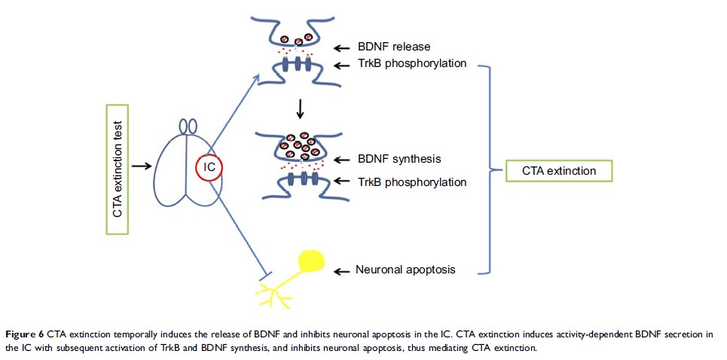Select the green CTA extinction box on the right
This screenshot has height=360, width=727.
click(558, 171)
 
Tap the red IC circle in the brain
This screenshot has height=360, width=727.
click(209, 166)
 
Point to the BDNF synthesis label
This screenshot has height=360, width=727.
click(398, 160)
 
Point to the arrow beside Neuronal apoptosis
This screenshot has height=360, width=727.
click(342, 269)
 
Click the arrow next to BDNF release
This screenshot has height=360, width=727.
click(342, 47)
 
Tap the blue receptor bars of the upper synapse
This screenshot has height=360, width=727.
click(298, 64)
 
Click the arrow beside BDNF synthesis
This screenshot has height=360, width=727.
click(342, 160)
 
